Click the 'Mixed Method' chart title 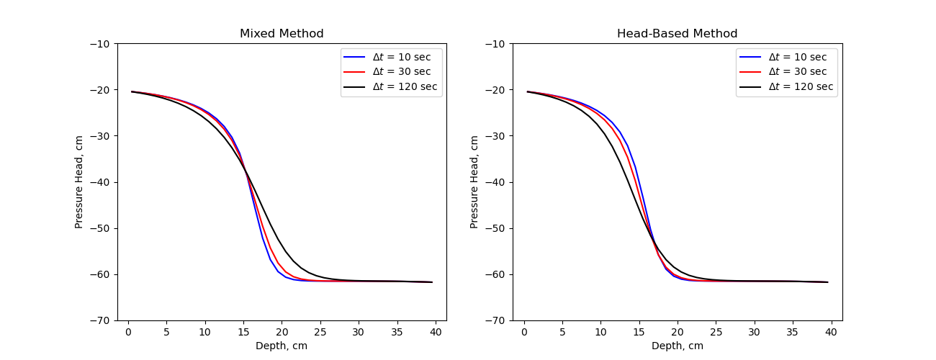(282, 34)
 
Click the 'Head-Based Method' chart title (677, 34)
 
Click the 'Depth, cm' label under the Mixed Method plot (282, 346)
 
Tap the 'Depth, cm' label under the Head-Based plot (678, 346)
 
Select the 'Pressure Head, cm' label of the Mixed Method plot (79, 182)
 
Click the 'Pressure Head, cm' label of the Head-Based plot (475, 182)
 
